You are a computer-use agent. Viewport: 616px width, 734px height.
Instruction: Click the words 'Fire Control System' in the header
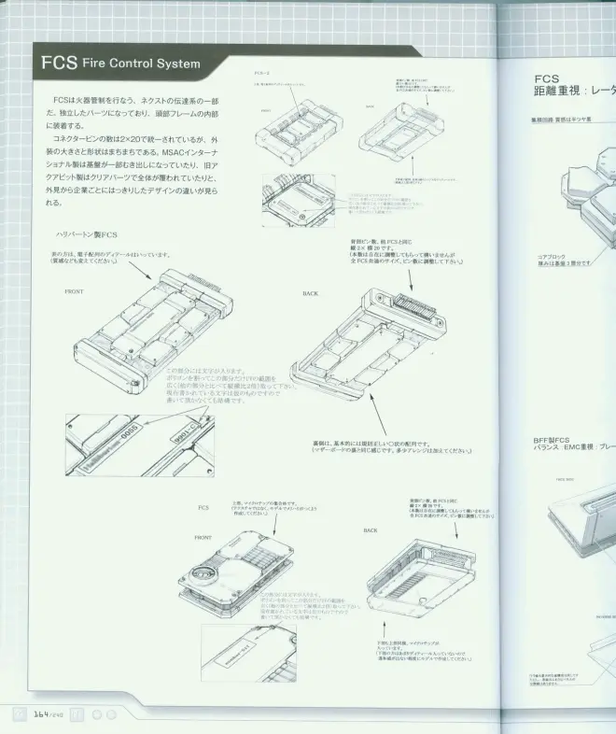141,64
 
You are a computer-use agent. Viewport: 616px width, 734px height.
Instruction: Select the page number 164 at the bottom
41,713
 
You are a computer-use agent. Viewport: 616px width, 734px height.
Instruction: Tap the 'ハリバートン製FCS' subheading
87,233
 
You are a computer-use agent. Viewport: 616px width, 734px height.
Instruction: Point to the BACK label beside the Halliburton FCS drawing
311,293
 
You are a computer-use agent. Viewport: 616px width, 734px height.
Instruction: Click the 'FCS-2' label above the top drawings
262,71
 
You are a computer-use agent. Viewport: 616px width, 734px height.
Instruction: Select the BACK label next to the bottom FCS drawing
371,529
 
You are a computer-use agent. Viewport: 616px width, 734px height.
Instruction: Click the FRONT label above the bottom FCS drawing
203,538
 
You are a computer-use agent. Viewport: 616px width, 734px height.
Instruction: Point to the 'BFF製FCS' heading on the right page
551,440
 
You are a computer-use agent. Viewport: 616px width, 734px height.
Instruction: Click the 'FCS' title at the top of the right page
547,79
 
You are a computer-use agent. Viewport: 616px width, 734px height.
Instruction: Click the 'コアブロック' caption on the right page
551,255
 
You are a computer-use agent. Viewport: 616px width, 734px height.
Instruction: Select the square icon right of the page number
78,713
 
